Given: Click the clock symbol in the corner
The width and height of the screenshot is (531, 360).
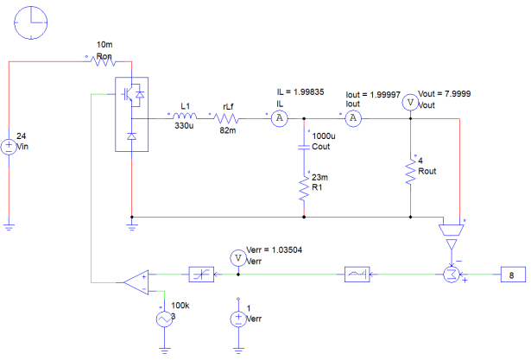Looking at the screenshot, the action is (x=31, y=22).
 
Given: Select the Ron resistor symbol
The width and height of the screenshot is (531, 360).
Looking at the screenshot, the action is (x=105, y=61).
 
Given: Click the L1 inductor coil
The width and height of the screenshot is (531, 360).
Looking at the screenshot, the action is (x=185, y=116).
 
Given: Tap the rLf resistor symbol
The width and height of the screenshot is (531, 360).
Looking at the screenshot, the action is (x=226, y=118).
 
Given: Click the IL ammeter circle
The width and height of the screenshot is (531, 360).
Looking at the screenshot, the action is (x=280, y=118).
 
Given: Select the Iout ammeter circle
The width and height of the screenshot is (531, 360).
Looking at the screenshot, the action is (x=353, y=118).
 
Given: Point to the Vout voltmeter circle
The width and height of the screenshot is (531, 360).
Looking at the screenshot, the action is (x=410, y=102).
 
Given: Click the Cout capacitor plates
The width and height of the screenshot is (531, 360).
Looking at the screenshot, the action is (x=304, y=147).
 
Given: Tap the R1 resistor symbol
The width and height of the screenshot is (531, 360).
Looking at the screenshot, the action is (x=304, y=188).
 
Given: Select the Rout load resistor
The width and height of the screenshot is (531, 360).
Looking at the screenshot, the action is (x=410, y=172).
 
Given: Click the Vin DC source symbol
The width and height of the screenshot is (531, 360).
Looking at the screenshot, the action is (x=9, y=147).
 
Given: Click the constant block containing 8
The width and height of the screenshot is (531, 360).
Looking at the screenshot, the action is (x=513, y=275).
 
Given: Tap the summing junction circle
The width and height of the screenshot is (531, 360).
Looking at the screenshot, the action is (x=452, y=275).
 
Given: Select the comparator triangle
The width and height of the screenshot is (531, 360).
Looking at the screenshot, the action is (x=136, y=282).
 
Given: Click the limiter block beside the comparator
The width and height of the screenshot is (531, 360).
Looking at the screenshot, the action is (x=201, y=275).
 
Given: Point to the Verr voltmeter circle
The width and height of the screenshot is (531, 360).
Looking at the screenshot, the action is (x=238, y=258).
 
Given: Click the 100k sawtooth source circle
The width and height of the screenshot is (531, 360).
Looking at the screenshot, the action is (x=164, y=319).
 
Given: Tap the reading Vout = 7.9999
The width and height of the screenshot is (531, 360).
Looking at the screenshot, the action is (x=445, y=94).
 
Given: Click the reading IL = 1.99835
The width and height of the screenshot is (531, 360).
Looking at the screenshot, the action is (x=300, y=92).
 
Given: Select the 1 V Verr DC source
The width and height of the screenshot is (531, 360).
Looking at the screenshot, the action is (x=238, y=319).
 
